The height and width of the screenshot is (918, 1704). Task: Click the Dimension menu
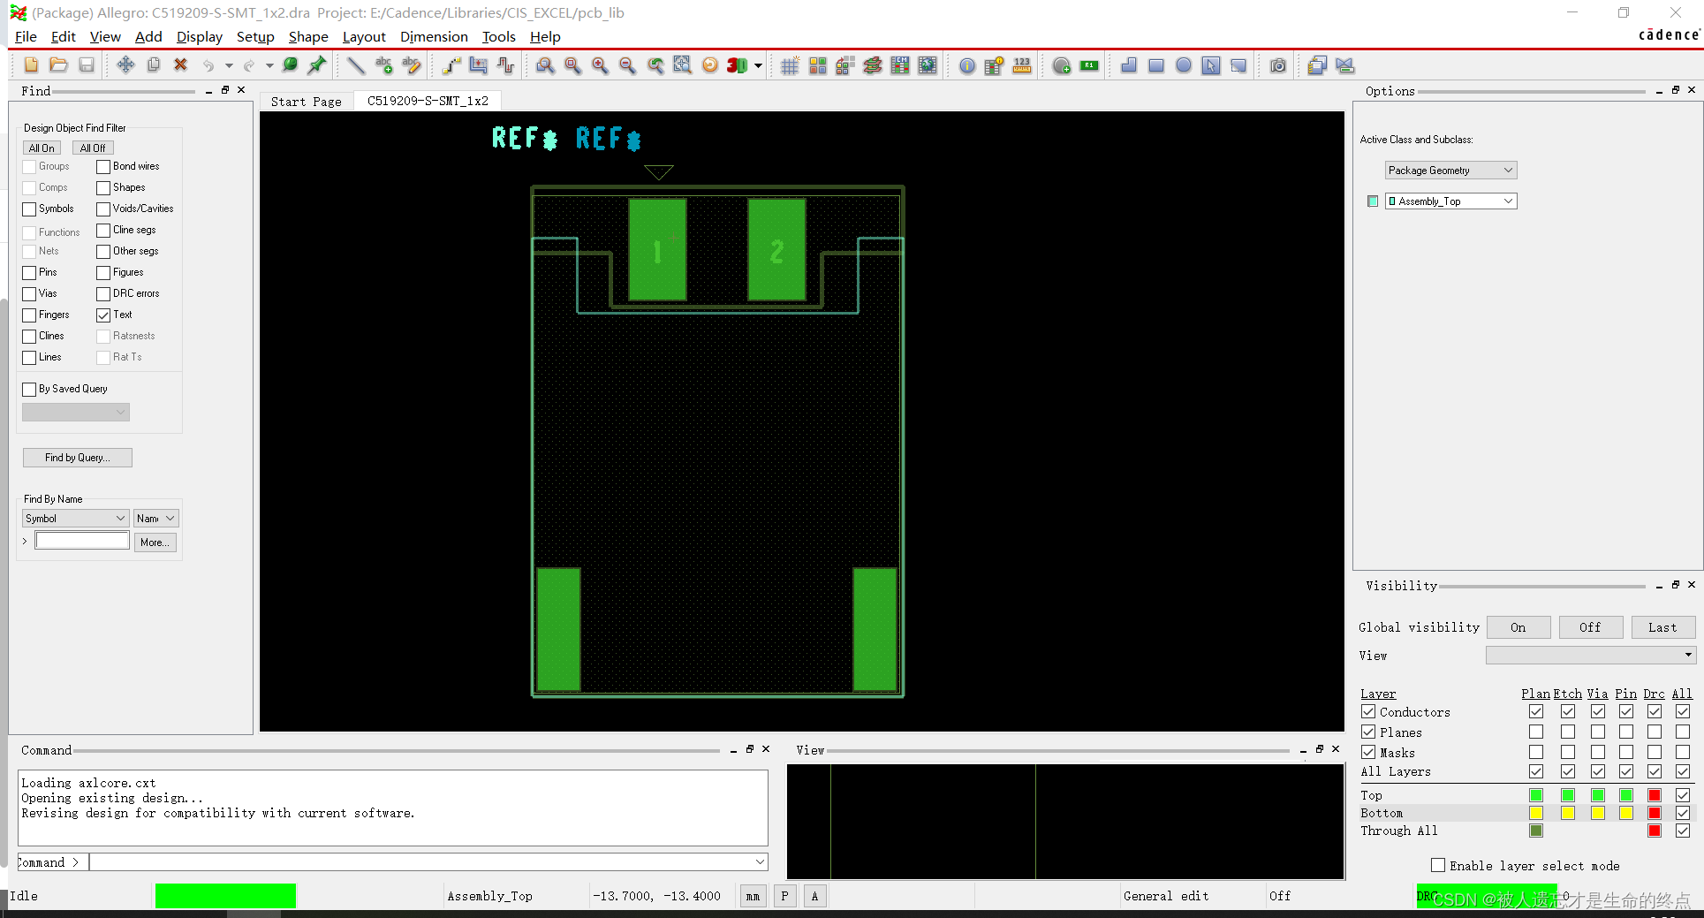point(434,36)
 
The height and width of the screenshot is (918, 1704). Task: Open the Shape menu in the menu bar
point(308,36)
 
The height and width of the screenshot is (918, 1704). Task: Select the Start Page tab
point(306,102)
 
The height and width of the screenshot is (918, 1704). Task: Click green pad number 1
point(657,250)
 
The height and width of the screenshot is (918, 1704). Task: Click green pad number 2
point(776,250)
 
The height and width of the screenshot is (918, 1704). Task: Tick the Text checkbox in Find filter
point(104,315)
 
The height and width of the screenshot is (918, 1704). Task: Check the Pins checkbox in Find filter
point(30,272)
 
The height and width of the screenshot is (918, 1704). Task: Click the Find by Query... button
point(78,458)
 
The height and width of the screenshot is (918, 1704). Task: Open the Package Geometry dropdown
point(1450,171)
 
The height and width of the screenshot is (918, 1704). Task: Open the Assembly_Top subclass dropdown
point(1450,201)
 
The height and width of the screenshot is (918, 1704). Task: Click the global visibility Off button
point(1590,627)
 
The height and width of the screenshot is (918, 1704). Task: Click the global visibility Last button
point(1662,627)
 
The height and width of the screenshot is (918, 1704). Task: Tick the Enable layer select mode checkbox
point(1438,866)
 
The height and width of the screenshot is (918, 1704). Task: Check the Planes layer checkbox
point(1368,732)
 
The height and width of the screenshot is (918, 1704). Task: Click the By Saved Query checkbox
point(30,389)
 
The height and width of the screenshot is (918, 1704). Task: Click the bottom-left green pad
point(558,629)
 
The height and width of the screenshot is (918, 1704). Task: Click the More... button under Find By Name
point(155,542)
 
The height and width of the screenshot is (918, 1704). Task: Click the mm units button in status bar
point(753,896)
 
